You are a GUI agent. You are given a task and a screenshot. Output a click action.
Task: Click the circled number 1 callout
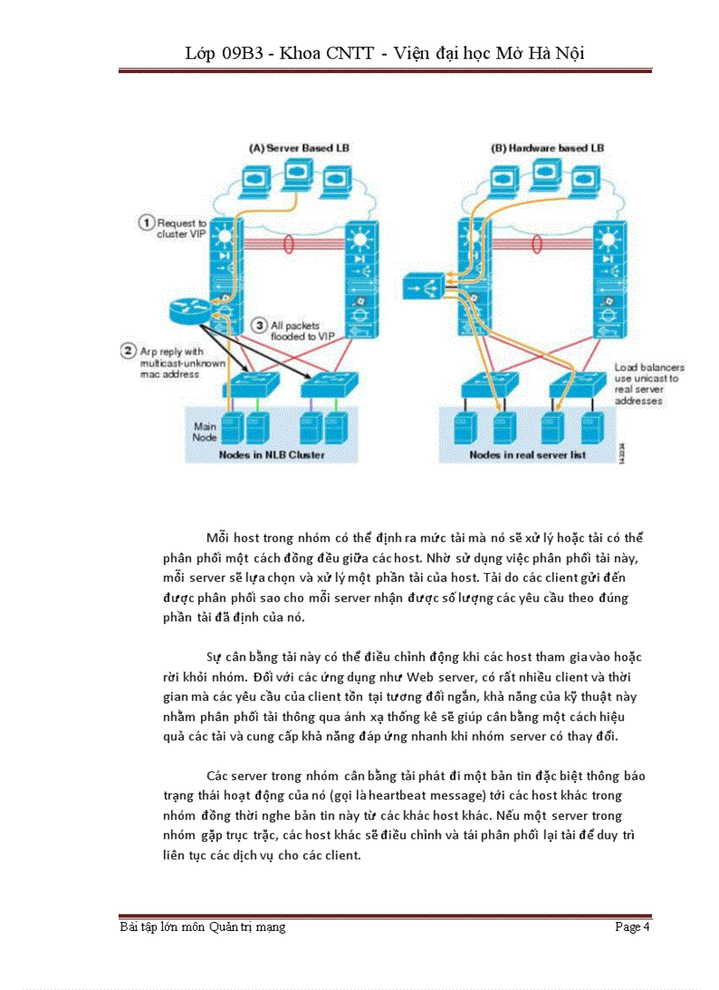click(146, 222)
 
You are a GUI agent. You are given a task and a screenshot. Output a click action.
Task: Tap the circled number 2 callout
click(127, 350)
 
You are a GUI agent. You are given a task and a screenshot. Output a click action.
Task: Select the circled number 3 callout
click(257, 324)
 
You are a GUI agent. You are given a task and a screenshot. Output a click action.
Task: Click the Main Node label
click(205, 431)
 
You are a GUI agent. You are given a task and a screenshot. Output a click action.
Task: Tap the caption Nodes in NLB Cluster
click(272, 455)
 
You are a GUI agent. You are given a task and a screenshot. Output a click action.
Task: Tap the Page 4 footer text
click(633, 927)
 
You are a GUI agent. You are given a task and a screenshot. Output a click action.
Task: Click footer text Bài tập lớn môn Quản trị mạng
click(203, 927)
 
